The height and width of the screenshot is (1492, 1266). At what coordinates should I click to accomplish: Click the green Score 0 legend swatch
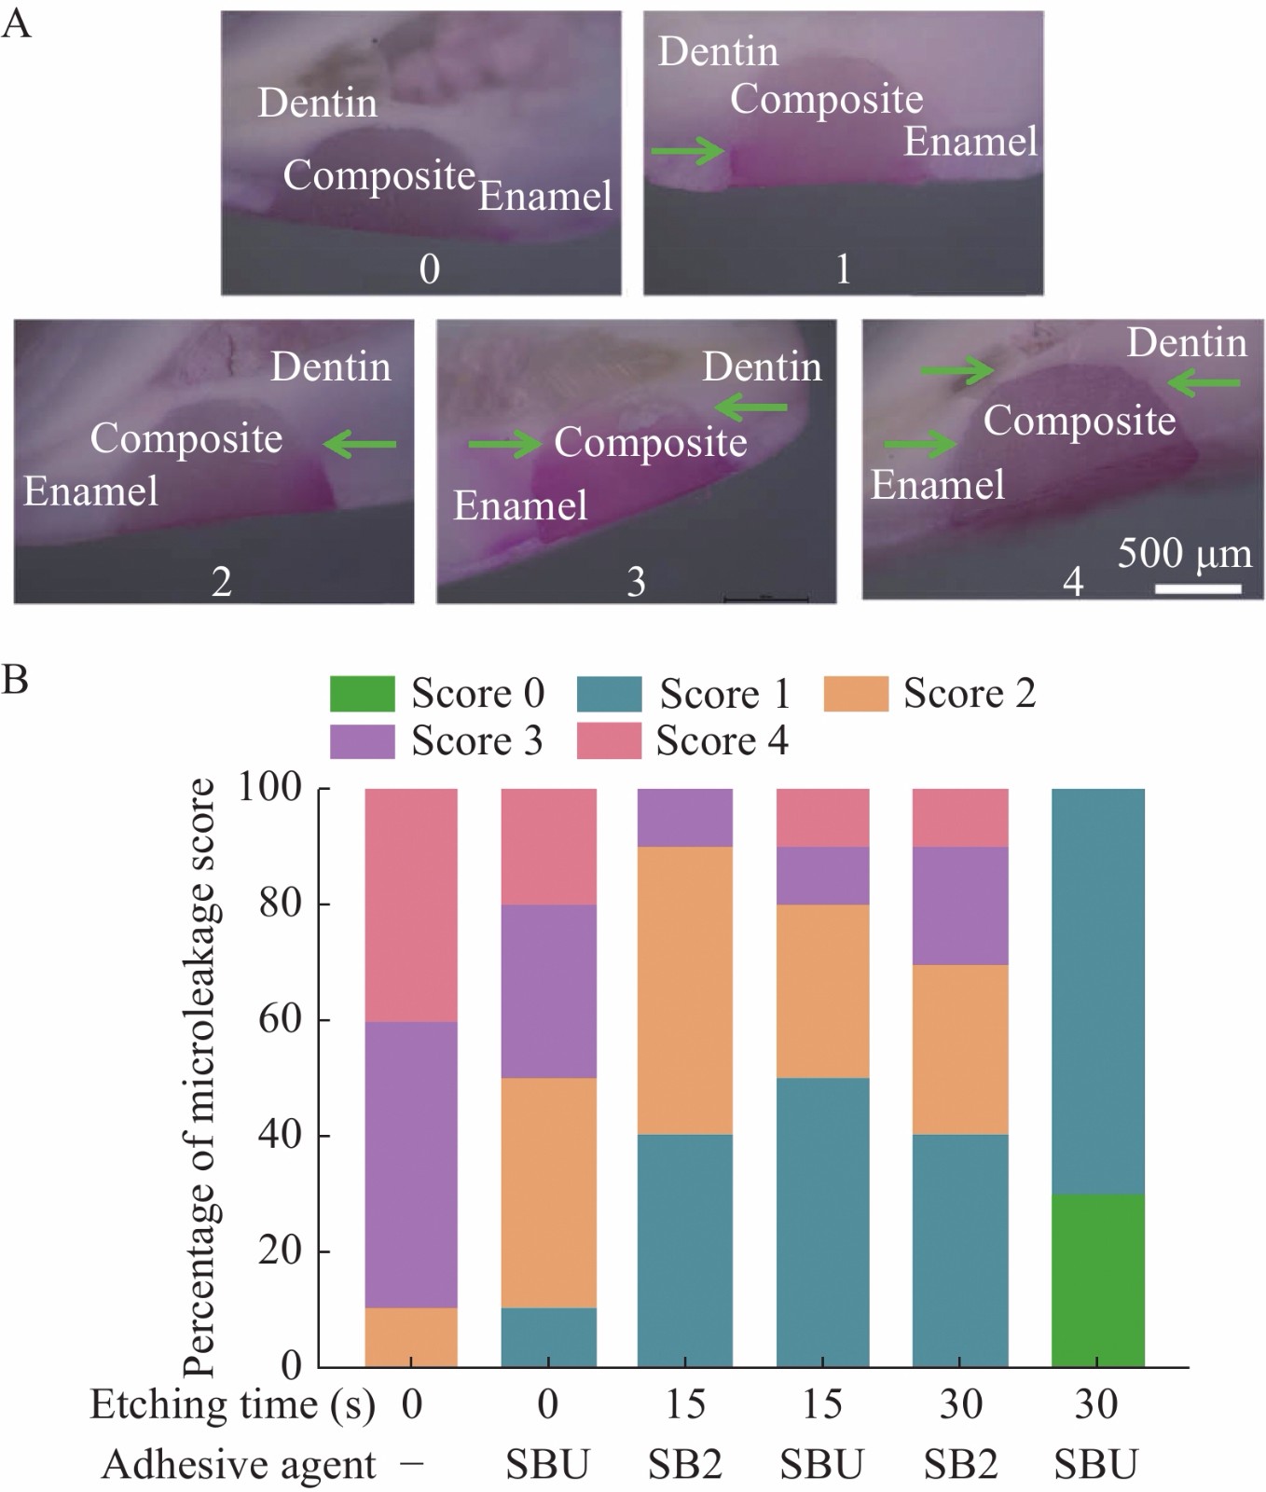coord(362,694)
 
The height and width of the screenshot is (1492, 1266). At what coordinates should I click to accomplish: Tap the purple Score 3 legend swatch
coord(362,740)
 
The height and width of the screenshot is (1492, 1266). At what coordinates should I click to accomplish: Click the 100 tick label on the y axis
coord(270,788)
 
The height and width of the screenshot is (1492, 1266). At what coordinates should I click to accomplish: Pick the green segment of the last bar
coord(1096,1280)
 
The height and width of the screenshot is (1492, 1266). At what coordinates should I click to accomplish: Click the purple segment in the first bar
coord(411,1165)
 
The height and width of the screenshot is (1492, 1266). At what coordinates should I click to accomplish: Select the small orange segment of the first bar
coord(411,1337)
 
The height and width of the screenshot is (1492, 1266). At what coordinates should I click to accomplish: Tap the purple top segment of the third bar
coord(685,817)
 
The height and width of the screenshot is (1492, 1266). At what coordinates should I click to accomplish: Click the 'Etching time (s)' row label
coord(232,1404)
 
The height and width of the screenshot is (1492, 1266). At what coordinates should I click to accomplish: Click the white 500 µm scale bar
coord(1198,588)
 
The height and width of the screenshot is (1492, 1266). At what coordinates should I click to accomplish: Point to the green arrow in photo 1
coord(688,150)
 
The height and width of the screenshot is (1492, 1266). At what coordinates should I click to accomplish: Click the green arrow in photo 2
coord(360,445)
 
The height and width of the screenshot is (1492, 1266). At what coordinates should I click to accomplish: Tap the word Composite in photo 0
coord(379,175)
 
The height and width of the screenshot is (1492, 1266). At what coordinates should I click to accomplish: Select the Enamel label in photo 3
coord(520,505)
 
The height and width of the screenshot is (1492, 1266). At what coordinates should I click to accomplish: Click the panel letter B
coord(15,679)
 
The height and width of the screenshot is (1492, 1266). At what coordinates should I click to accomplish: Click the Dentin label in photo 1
coord(718,51)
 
